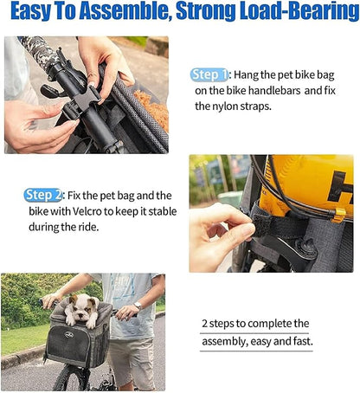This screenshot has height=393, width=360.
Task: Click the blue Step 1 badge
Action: click(209, 75)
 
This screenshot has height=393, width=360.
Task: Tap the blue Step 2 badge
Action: click(42, 196)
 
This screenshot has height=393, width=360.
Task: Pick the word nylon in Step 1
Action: click(225, 106)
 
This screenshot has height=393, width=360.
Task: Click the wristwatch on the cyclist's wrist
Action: click(138, 306)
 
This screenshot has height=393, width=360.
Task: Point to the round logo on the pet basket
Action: click(69, 335)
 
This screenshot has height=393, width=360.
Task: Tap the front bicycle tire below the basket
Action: click(68, 379)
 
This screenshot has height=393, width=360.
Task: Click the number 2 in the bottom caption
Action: click(205, 324)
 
